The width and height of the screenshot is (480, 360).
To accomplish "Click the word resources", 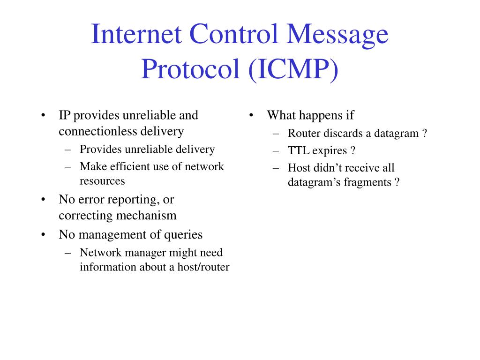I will (x=102, y=180).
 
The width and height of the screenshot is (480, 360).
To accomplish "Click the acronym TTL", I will (x=298, y=151).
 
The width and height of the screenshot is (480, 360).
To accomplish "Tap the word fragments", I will (x=367, y=182).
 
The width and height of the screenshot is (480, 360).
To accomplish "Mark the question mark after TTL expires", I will (x=352, y=151).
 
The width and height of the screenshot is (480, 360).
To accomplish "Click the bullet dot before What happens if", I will (x=252, y=115).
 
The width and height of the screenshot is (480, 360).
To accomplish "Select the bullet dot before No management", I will (x=43, y=234).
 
